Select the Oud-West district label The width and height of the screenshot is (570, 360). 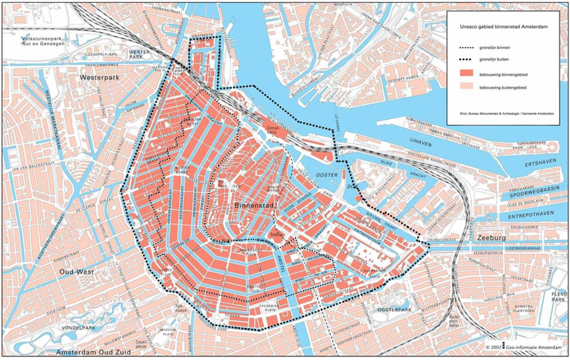(x=77, y=271)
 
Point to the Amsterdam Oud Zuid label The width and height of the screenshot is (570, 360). (x=94, y=352)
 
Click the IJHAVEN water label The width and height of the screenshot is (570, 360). (x=421, y=143)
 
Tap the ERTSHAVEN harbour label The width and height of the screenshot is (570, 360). (x=543, y=165)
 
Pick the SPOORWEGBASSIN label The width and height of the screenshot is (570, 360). (x=535, y=195)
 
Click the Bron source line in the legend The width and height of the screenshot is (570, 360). (x=507, y=113)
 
